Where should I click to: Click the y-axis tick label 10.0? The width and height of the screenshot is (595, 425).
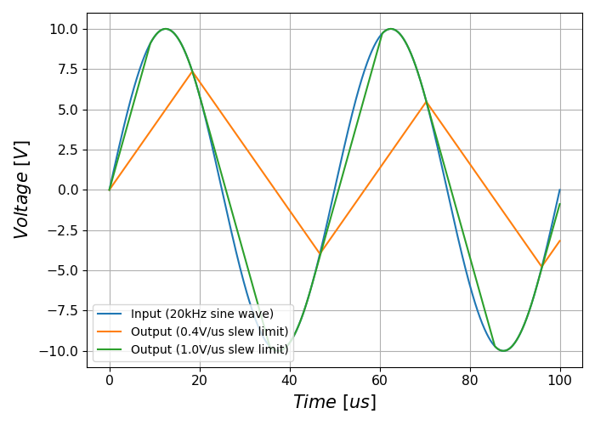pyautogui.click(x=64, y=29)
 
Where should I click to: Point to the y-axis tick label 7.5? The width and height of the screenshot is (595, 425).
pyautogui.click(x=67, y=69)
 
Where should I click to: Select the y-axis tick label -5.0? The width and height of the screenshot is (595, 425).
pyautogui.click(x=64, y=270)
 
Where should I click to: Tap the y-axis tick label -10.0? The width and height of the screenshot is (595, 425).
pyautogui.click(x=60, y=351)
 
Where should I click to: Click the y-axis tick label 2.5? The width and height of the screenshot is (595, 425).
pyautogui.click(x=67, y=150)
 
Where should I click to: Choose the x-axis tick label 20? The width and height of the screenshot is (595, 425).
pyautogui.click(x=200, y=380)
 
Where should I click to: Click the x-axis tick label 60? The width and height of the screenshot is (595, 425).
pyautogui.click(x=380, y=380)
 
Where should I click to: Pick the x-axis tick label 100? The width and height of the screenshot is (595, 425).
pyautogui.click(x=560, y=380)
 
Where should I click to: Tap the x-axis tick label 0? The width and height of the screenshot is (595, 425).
pyautogui.click(x=110, y=380)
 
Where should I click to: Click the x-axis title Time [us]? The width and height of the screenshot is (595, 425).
pyautogui.click(x=334, y=402)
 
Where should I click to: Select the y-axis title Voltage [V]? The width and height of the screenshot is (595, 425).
pyautogui.click(x=22, y=190)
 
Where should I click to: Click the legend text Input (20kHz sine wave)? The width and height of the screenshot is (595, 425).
pyautogui.click(x=202, y=314)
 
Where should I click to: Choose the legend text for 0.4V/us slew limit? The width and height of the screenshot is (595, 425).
pyautogui.click(x=210, y=331)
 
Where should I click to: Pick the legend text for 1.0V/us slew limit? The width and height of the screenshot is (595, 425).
pyautogui.click(x=210, y=349)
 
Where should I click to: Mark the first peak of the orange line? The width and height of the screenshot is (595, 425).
pyautogui.click(x=192, y=71)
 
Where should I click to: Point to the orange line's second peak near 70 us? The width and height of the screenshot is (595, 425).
pyautogui.click(x=426, y=101)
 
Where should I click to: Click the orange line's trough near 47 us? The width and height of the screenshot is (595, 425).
pyautogui.click(x=320, y=254)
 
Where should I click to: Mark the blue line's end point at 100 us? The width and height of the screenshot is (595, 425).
pyautogui.click(x=560, y=190)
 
